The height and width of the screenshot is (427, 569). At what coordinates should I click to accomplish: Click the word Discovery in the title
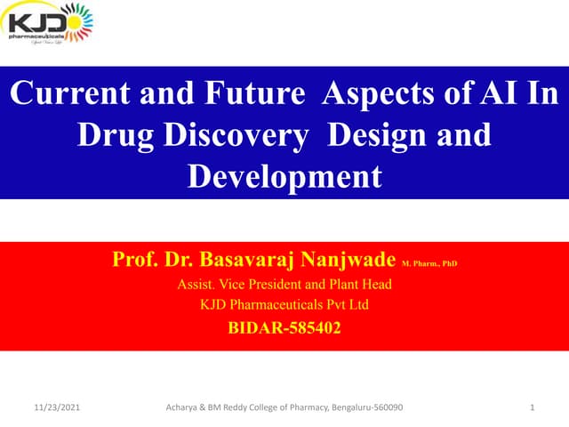pyautogui.click(x=236, y=136)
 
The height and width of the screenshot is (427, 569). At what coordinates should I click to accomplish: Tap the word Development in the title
pyautogui.click(x=284, y=175)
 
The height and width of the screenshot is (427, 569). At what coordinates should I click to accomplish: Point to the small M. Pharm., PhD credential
pyautogui.click(x=429, y=264)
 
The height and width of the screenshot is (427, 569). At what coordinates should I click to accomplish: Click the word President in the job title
pyautogui.click(x=276, y=286)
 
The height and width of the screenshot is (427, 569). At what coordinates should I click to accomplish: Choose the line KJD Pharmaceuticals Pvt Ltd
pyautogui.click(x=284, y=305)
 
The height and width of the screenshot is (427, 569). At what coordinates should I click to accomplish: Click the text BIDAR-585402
pyautogui.click(x=284, y=327)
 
